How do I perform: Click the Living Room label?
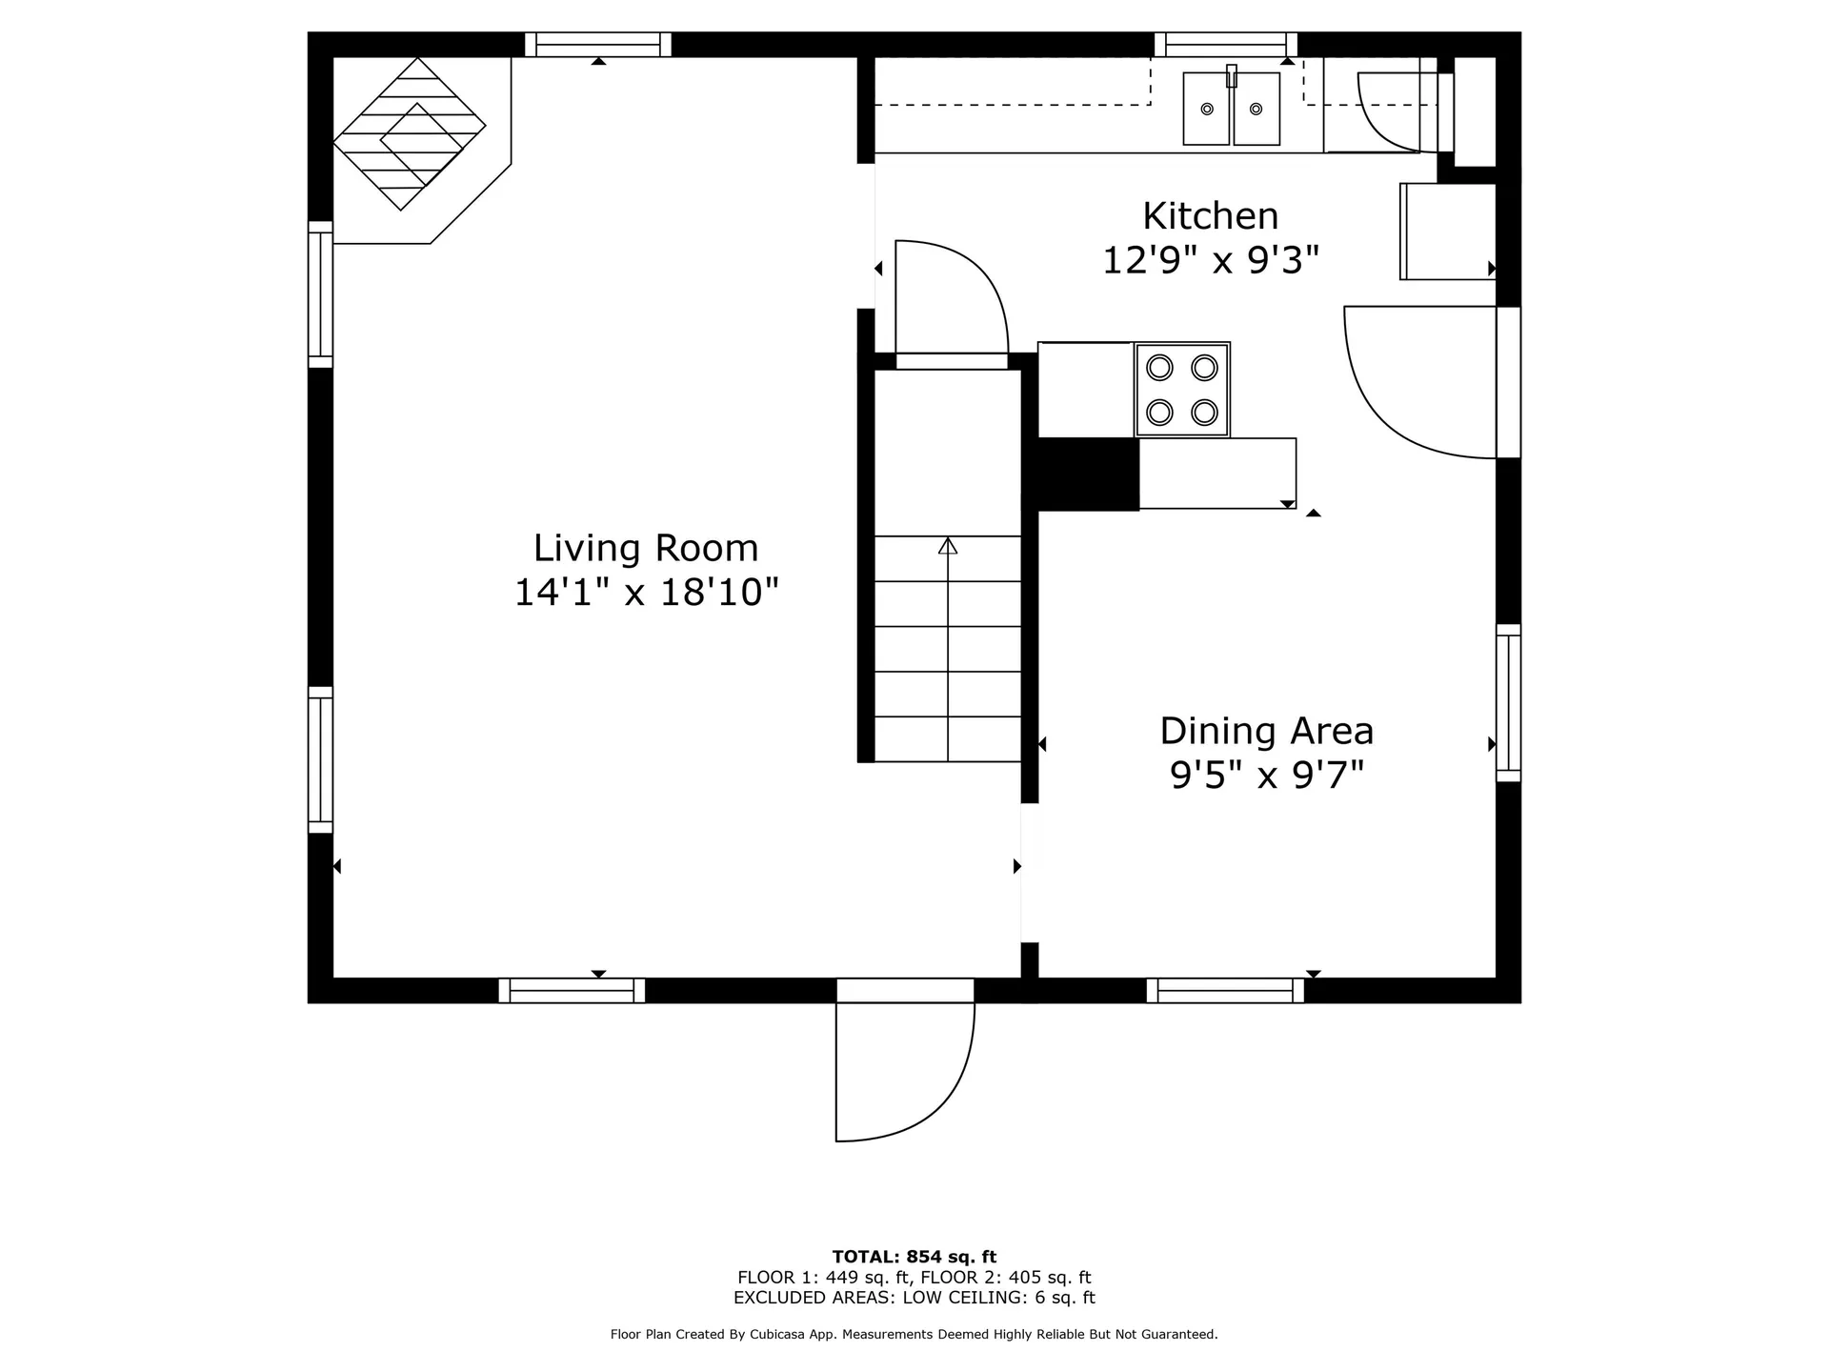[x=646, y=548]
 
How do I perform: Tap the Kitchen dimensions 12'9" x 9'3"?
[x=1211, y=260]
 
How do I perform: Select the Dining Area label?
[x=1267, y=731]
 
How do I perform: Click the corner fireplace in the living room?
[x=410, y=134]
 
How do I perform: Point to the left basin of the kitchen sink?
[x=1207, y=109]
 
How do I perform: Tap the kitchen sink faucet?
[x=1232, y=75]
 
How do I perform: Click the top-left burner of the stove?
[x=1159, y=367]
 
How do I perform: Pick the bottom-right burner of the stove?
[x=1205, y=413]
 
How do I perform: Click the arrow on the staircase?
[x=948, y=648]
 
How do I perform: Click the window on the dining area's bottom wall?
[x=1225, y=991]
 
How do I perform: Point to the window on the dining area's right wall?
[x=1508, y=703]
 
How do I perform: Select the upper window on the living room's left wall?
[x=320, y=294]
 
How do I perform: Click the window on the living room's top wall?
[x=598, y=45]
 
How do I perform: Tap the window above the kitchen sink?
[x=1226, y=45]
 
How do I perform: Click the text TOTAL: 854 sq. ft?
[x=914, y=1257]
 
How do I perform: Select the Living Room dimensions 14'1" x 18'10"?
[x=647, y=593]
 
